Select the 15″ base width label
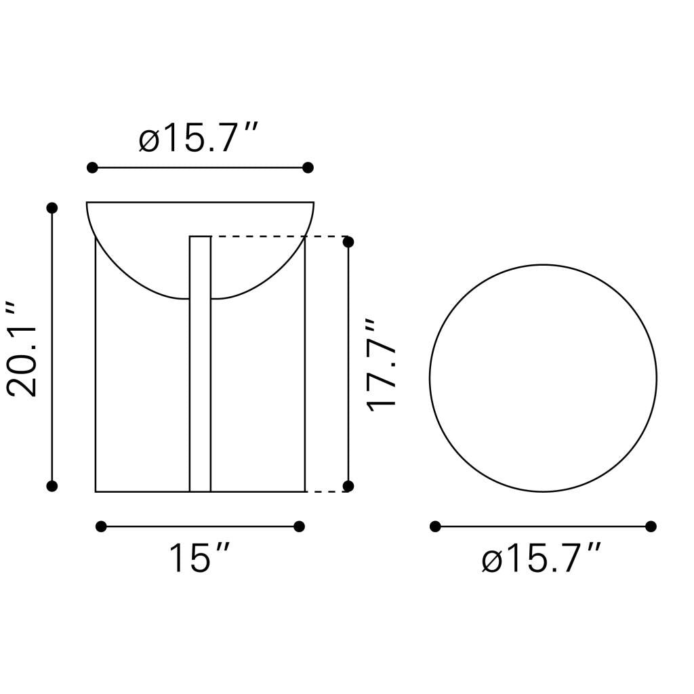(200, 558)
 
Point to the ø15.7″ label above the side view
(198, 138)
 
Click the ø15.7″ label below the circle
(542, 558)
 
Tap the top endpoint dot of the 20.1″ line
(52, 207)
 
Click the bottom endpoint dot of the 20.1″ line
(52, 486)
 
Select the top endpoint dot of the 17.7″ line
(348, 242)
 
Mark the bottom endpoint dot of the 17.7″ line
(348, 486)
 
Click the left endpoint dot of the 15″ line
(101, 527)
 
